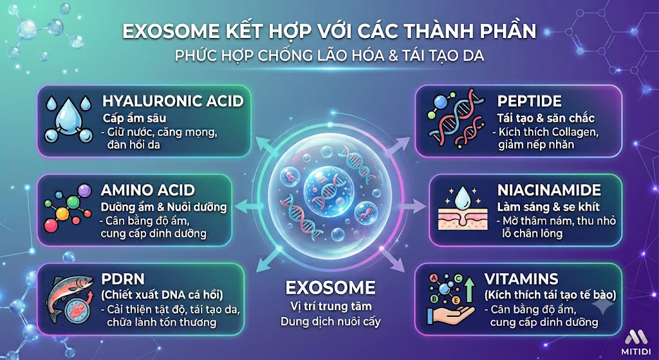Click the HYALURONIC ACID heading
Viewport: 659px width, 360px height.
172,101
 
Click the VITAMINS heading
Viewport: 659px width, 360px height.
521,279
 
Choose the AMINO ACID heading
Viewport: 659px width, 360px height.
147,190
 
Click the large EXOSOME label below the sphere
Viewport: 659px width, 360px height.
330,288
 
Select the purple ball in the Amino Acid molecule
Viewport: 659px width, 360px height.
84,191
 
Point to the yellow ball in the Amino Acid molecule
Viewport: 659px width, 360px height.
62,214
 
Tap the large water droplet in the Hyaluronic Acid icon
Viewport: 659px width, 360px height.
67,112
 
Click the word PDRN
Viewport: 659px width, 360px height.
123,279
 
